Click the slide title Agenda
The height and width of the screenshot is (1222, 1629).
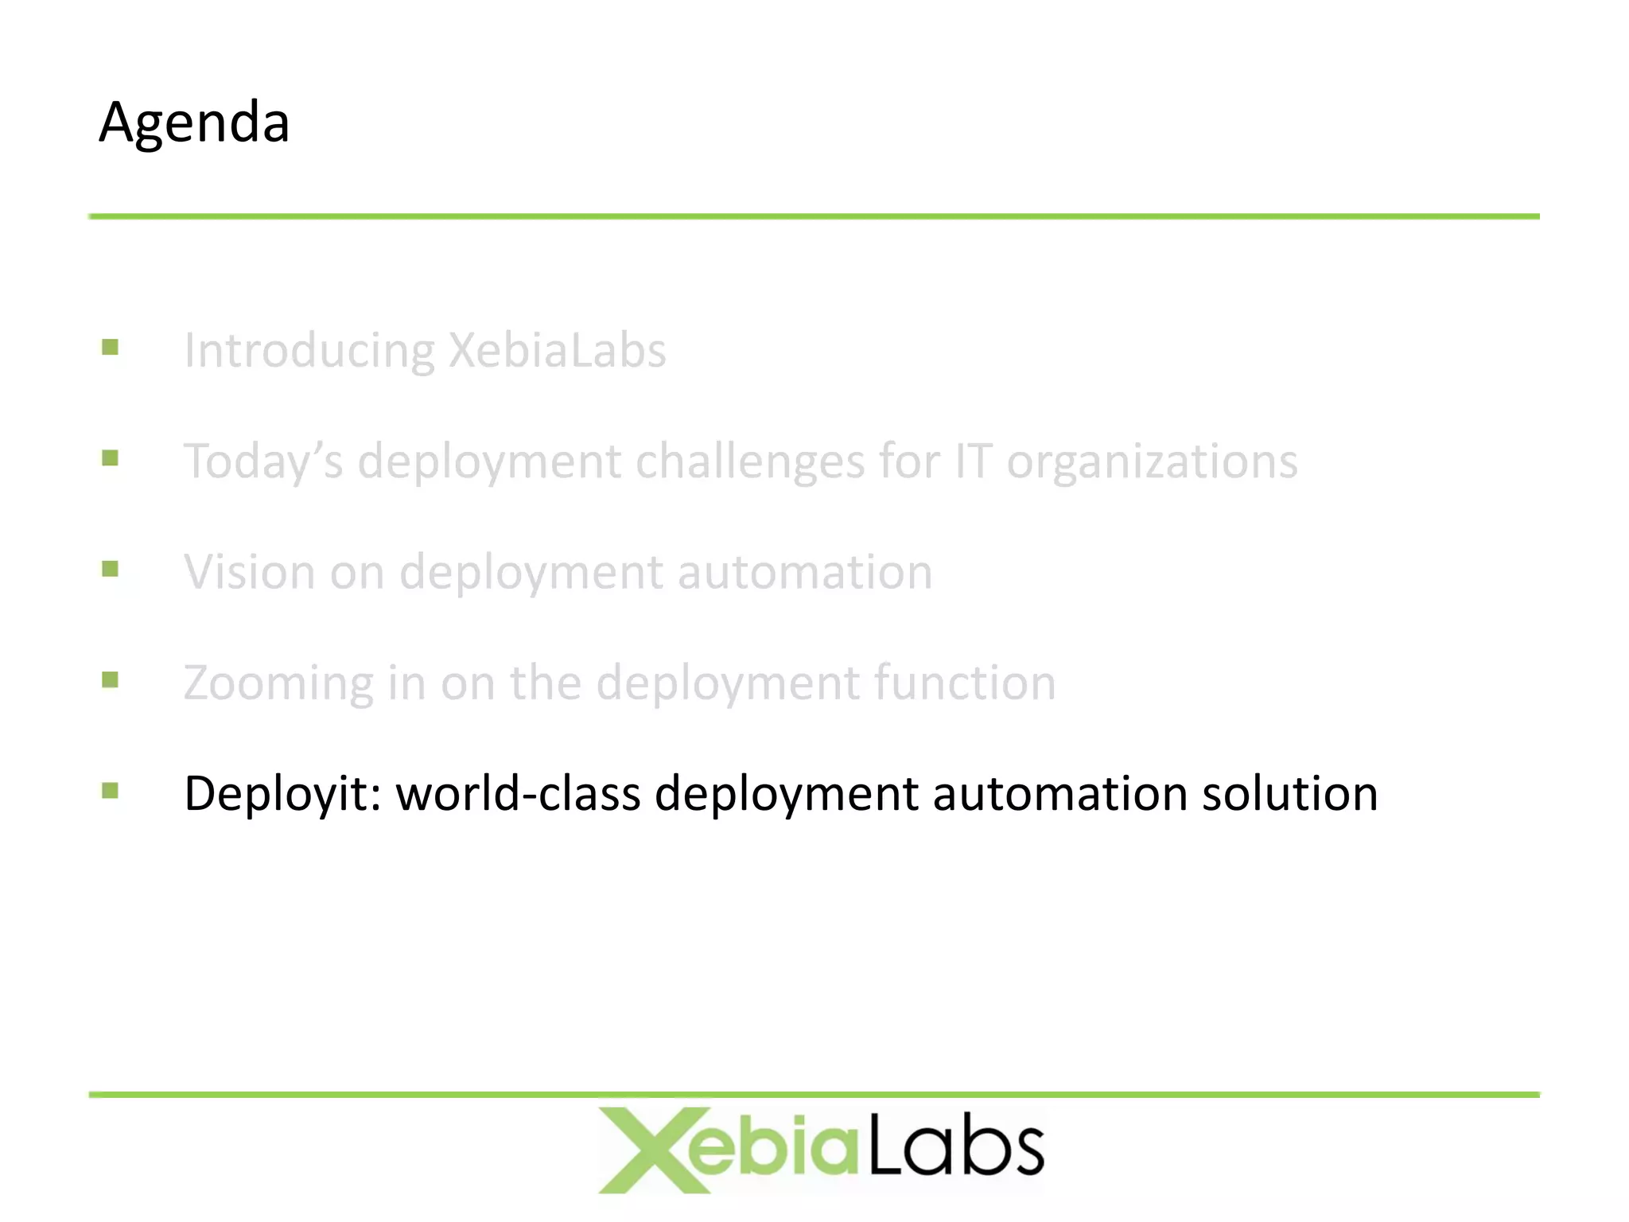click(x=194, y=123)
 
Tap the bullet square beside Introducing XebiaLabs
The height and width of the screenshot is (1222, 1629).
click(x=111, y=348)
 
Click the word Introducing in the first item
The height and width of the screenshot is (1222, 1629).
click(x=309, y=351)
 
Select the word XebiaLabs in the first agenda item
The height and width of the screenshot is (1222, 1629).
click(x=557, y=350)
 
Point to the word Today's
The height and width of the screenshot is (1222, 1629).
click(x=263, y=461)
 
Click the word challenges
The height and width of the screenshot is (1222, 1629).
click(x=749, y=461)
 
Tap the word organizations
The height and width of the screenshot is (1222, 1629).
click(x=1152, y=461)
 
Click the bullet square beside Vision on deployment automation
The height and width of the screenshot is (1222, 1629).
click(x=111, y=569)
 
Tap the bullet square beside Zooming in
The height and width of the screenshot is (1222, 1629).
click(x=111, y=679)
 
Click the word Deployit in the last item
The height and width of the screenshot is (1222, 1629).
click(x=282, y=794)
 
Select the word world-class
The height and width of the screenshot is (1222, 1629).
click(x=518, y=793)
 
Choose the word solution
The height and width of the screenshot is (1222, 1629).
click(x=1289, y=793)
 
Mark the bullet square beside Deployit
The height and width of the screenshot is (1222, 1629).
click(x=111, y=790)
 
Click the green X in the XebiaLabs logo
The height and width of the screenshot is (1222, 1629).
click(x=646, y=1150)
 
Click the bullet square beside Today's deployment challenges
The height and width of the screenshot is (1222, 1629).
click(x=111, y=458)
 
